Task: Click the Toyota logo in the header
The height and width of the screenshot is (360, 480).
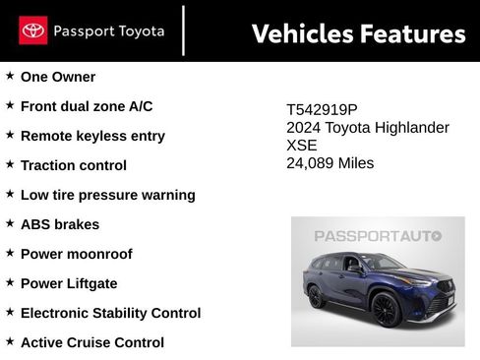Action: point(32,30)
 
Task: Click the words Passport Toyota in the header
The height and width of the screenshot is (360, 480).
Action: point(109,30)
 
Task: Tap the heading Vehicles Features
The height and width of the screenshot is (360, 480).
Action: point(358,33)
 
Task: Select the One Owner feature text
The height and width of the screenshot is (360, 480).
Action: point(58,77)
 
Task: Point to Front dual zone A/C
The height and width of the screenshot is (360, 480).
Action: point(87,106)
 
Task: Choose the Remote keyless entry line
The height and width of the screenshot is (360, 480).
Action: point(92,136)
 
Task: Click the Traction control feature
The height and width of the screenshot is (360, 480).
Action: point(74,165)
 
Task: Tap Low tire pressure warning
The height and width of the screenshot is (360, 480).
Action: point(108,195)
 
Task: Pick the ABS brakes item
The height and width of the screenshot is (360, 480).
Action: point(60,224)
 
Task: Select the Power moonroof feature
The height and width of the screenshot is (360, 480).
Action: point(77,254)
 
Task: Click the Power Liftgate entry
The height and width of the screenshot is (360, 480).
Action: point(69,283)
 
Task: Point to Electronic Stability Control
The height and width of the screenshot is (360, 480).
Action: point(110,313)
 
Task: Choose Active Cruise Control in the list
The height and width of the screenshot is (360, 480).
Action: point(92,342)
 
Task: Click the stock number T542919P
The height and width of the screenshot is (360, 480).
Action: point(323,111)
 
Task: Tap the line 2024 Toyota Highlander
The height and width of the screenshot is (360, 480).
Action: point(368,128)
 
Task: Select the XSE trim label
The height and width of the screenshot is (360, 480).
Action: point(302,146)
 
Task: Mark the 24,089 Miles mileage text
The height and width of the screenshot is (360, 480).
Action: point(330,163)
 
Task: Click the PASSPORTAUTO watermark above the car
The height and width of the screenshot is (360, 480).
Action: point(378,236)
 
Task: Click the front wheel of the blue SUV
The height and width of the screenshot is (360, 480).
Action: point(385,310)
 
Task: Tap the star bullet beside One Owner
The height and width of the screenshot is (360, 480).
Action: point(10,76)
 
